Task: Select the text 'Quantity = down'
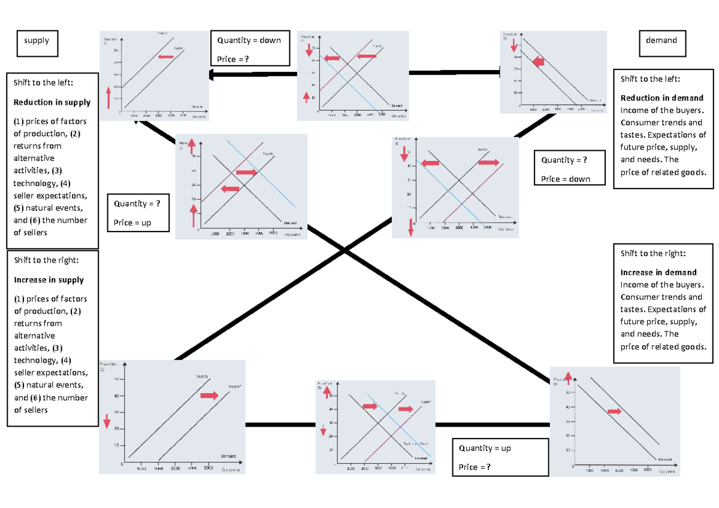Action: [249, 40]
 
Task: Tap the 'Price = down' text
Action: [566, 179]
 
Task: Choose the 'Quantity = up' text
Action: [485, 448]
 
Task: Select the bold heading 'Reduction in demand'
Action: [662, 98]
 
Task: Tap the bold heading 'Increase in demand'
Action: [658, 272]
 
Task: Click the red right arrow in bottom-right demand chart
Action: [614, 411]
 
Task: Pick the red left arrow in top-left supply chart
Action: [165, 56]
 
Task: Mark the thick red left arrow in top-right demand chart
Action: [538, 61]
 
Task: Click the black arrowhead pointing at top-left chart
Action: [213, 74]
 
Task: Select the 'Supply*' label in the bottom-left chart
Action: [234, 387]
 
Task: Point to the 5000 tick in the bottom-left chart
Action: [209, 469]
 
